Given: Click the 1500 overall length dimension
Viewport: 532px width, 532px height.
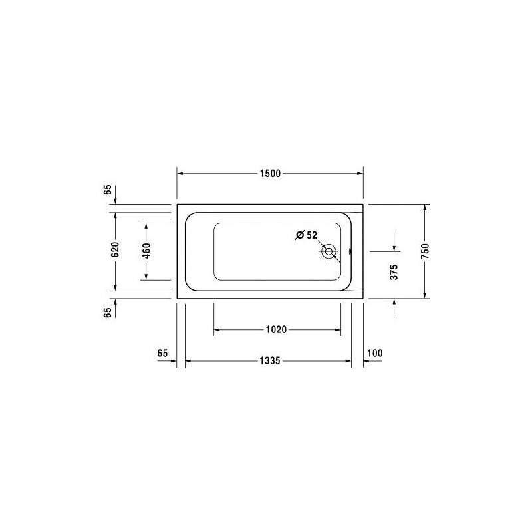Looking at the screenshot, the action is pyautogui.click(x=271, y=174).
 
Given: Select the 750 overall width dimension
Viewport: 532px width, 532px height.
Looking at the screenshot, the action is pyautogui.click(x=425, y=251).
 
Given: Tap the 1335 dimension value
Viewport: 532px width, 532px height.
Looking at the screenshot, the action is pyautogui.click(x=270, y=360).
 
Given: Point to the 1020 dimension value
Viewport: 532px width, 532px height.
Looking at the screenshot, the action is pyautogui.click(x=276, y=329).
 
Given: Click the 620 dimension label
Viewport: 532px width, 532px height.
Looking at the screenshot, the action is pyautogui.click(x=115, y=249).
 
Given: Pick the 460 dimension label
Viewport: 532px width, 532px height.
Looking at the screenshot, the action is pyautogui.click(x=146, y=251).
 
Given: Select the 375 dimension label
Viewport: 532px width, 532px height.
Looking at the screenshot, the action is pyautogui.click(x=394, y=272).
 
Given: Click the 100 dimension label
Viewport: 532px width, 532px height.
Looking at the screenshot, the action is pyautogui.click(x=375, y=353).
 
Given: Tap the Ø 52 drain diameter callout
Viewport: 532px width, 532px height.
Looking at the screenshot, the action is pyautogui.click(x=306, y=235).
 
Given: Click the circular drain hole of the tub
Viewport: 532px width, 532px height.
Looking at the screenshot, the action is pyautogui.click(x=329, y=252).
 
